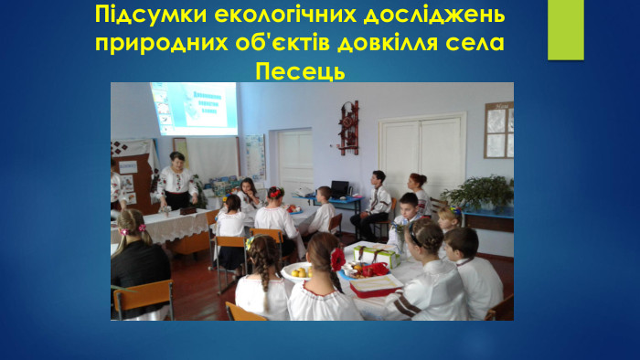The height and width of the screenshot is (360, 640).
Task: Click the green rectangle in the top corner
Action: pyautogui.click(x=565, y=29)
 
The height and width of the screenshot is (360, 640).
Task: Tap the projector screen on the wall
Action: pyautogui.click(x=193, y=108)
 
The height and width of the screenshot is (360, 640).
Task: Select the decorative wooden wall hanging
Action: pyautogui.click(x=348, y=126)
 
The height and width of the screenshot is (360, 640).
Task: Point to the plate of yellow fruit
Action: pyautogui.click(x=298, y=271)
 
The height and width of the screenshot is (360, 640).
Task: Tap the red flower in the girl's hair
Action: pyautogui.click(x=337, y=259)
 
